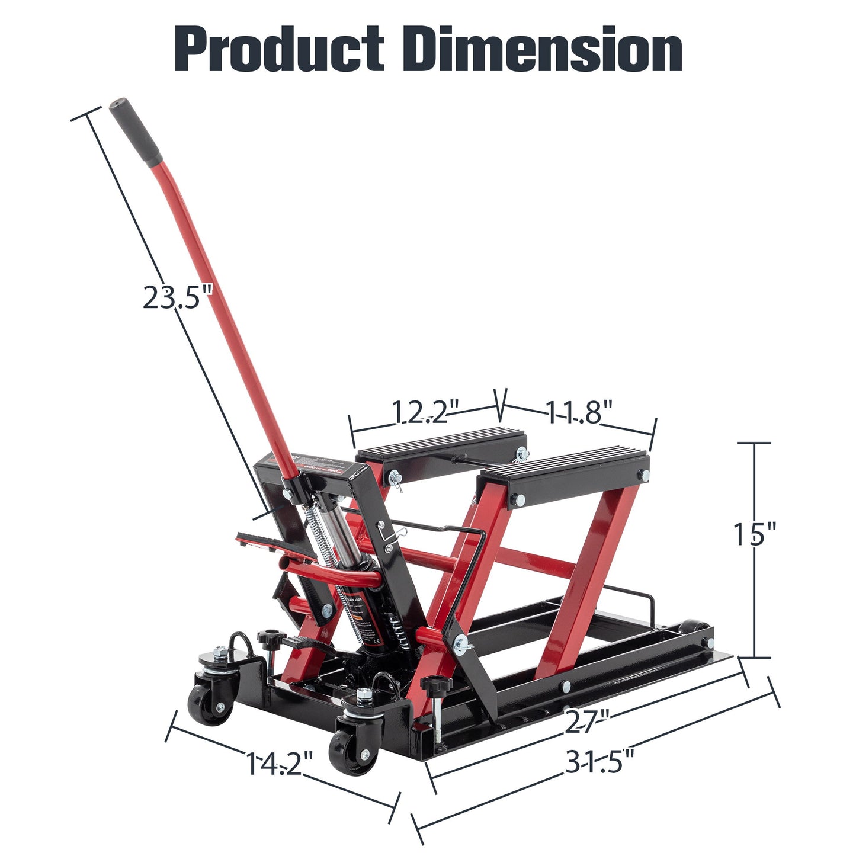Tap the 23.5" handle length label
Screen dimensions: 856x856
point(177,297)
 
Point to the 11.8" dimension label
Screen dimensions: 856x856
point(578,412)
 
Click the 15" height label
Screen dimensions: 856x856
point(754,534)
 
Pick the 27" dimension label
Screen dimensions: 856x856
point(586,721)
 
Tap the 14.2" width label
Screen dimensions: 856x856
point(278,764)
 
